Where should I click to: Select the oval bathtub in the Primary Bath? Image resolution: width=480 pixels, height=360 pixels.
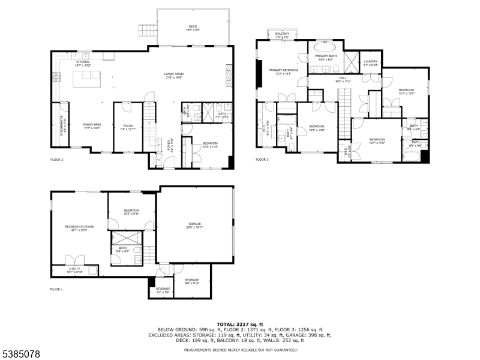click(x=326, y=46)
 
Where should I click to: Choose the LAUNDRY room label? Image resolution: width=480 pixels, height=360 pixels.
click(x=370, y=62)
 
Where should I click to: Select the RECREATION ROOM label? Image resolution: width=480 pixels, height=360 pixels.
click(x=79, y=227)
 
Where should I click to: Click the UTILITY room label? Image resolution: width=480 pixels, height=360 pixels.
click(x=74, y=270)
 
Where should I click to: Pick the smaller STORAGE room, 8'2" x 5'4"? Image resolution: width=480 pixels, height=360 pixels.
click(x=163, y=290)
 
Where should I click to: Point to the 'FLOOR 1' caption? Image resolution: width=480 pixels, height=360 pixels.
click(x=56, y=289)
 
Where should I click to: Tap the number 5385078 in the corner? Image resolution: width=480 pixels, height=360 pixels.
click(x=21, y=354)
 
